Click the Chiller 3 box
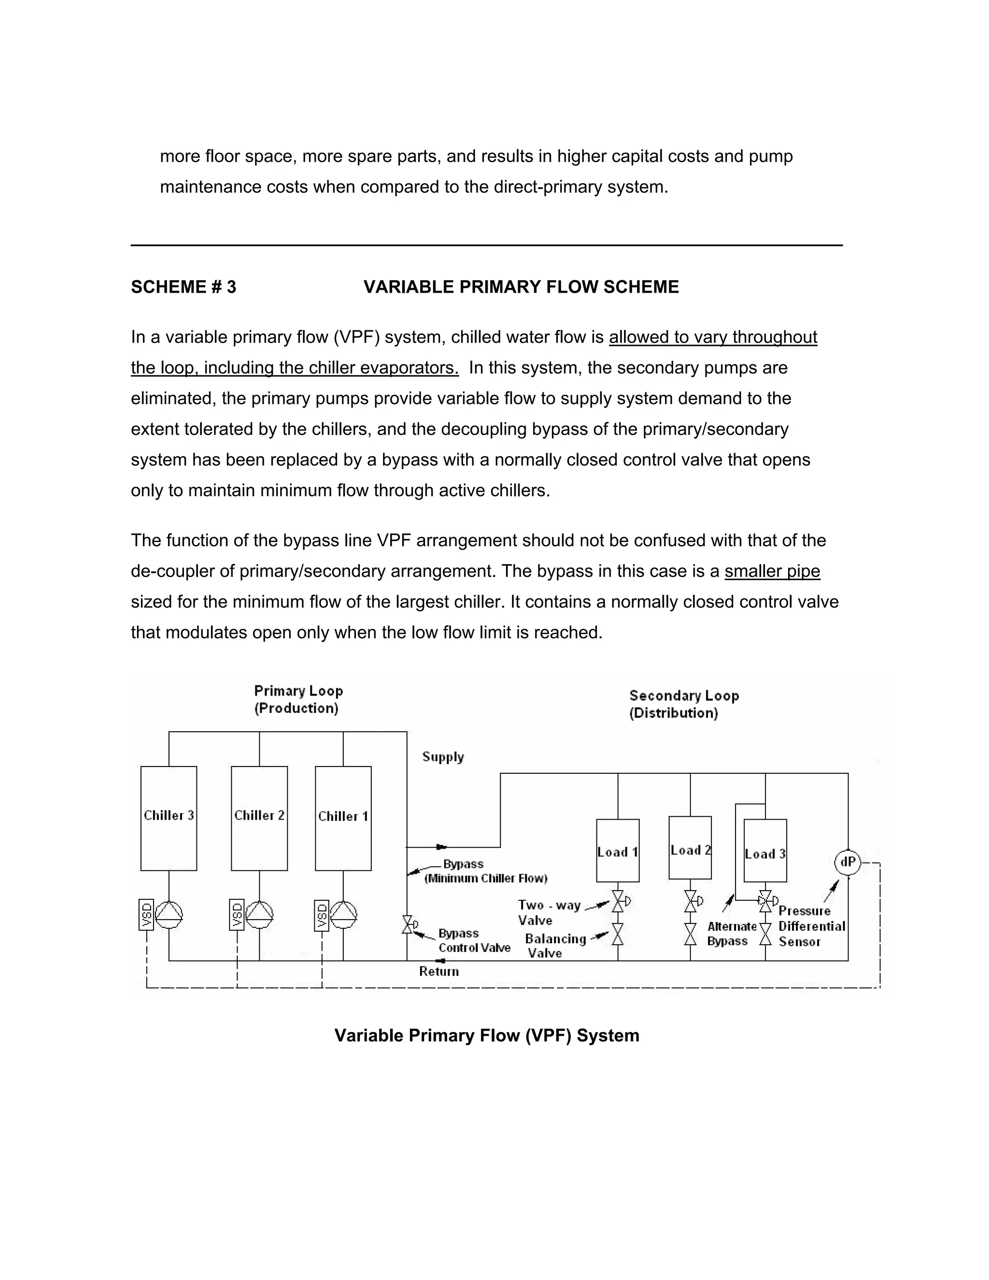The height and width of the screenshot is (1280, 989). [169, 818]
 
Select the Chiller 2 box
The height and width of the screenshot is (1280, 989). [259, 818]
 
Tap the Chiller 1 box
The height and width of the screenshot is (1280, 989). [343, 818]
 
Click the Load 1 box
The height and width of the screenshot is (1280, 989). [618, 851]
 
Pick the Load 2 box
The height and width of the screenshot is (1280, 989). [690, 848]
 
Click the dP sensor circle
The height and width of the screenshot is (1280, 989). [847, 863]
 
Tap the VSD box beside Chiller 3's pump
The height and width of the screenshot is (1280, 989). [146, 914]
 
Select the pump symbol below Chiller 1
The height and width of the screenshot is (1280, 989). [343, 914]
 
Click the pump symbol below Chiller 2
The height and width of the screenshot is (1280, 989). [259, 914]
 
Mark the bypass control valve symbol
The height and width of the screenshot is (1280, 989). [408, 925]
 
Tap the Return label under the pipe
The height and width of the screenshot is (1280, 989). [439, 972]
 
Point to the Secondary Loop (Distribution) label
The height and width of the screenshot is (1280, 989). [683, 704]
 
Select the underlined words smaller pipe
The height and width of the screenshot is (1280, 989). [772, 571]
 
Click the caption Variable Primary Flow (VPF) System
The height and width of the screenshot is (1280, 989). [486, 1036]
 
